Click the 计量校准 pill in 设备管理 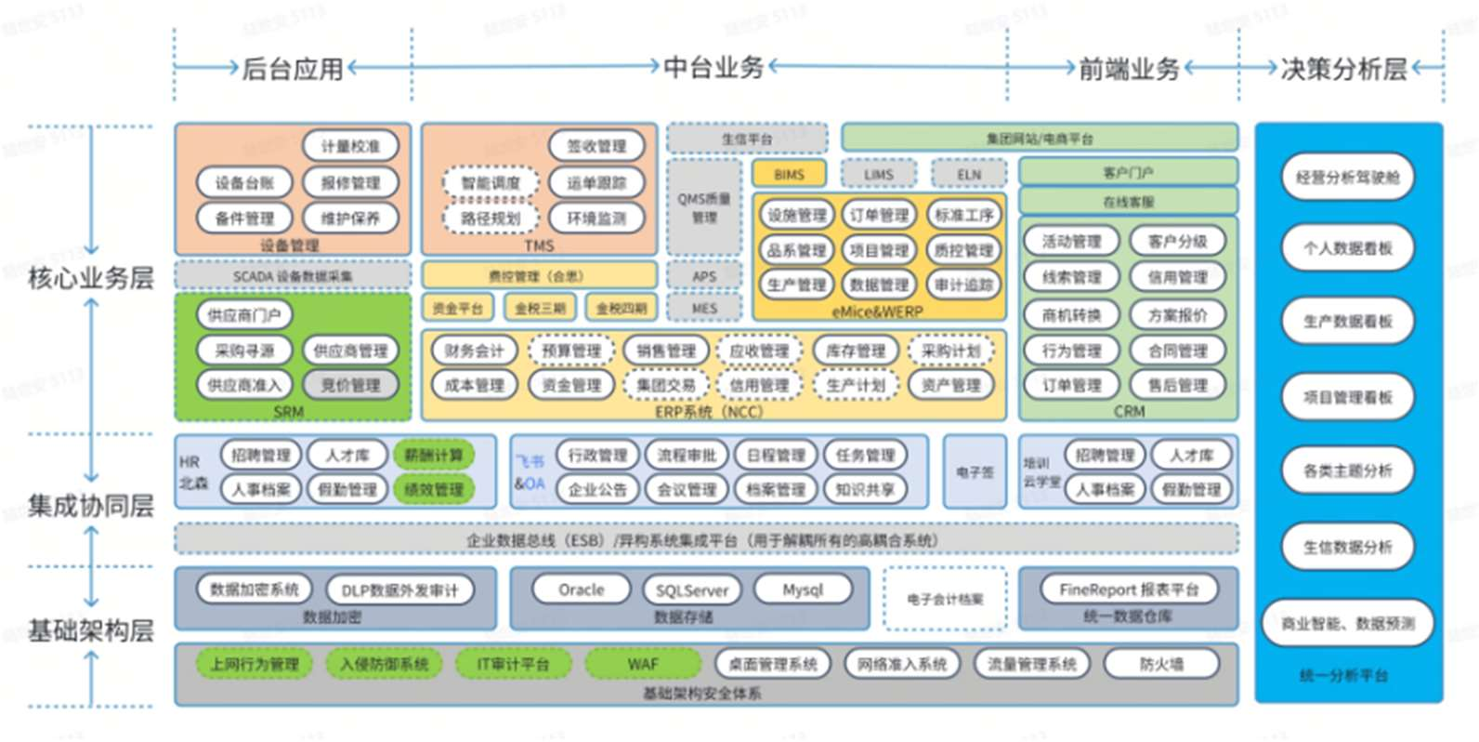[350, 146]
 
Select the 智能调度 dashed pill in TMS [491, 183]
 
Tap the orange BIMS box [789, 174]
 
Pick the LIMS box [878, 174]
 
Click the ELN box [969, 174]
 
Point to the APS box [704, 276]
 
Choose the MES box [704, 308]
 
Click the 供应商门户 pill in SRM [244, 315]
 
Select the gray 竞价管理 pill [350, 385]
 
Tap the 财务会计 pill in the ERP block [474, 351]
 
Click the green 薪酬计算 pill [433, 455]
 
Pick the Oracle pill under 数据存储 [581, 590]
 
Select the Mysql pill [803, 590]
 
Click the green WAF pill [643, 664]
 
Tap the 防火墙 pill [1161, 664]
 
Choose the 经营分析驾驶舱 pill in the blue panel [1347, 177]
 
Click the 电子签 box [975, 471]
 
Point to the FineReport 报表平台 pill [1129, 590]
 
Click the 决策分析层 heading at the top [1343, 68]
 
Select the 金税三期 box [540, 308]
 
